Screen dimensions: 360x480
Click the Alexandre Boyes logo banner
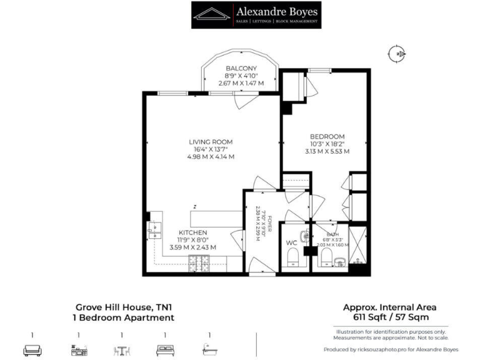(257, 15)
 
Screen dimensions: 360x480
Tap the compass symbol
(396, 55)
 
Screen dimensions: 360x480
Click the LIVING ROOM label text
(211, 142)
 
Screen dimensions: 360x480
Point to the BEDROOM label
(327, 136)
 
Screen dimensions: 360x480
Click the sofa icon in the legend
(32, 349)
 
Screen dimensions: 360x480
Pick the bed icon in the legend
(165, 349)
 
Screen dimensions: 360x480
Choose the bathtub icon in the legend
(209, 349)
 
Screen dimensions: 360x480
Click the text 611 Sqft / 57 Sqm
(389, 317)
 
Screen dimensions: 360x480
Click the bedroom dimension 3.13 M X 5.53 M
(327, 151)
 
